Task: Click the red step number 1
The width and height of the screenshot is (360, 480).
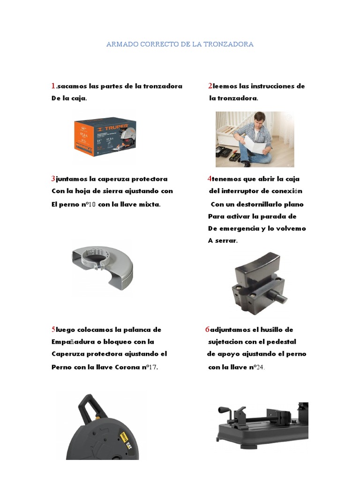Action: (x=53, y=86)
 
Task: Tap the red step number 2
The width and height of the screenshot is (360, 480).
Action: (x=210, y=86)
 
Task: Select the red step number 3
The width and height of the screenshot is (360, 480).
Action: (x=53, y=179)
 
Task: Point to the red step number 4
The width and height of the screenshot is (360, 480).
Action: (x=210, y=179)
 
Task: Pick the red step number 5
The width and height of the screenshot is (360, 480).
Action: (x=53, y=330)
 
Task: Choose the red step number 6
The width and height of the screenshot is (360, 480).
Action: (x=207, y=330)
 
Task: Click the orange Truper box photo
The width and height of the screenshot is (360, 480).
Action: (x=105, y=136)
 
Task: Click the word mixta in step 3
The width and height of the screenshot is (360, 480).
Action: (x=150, y=204)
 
